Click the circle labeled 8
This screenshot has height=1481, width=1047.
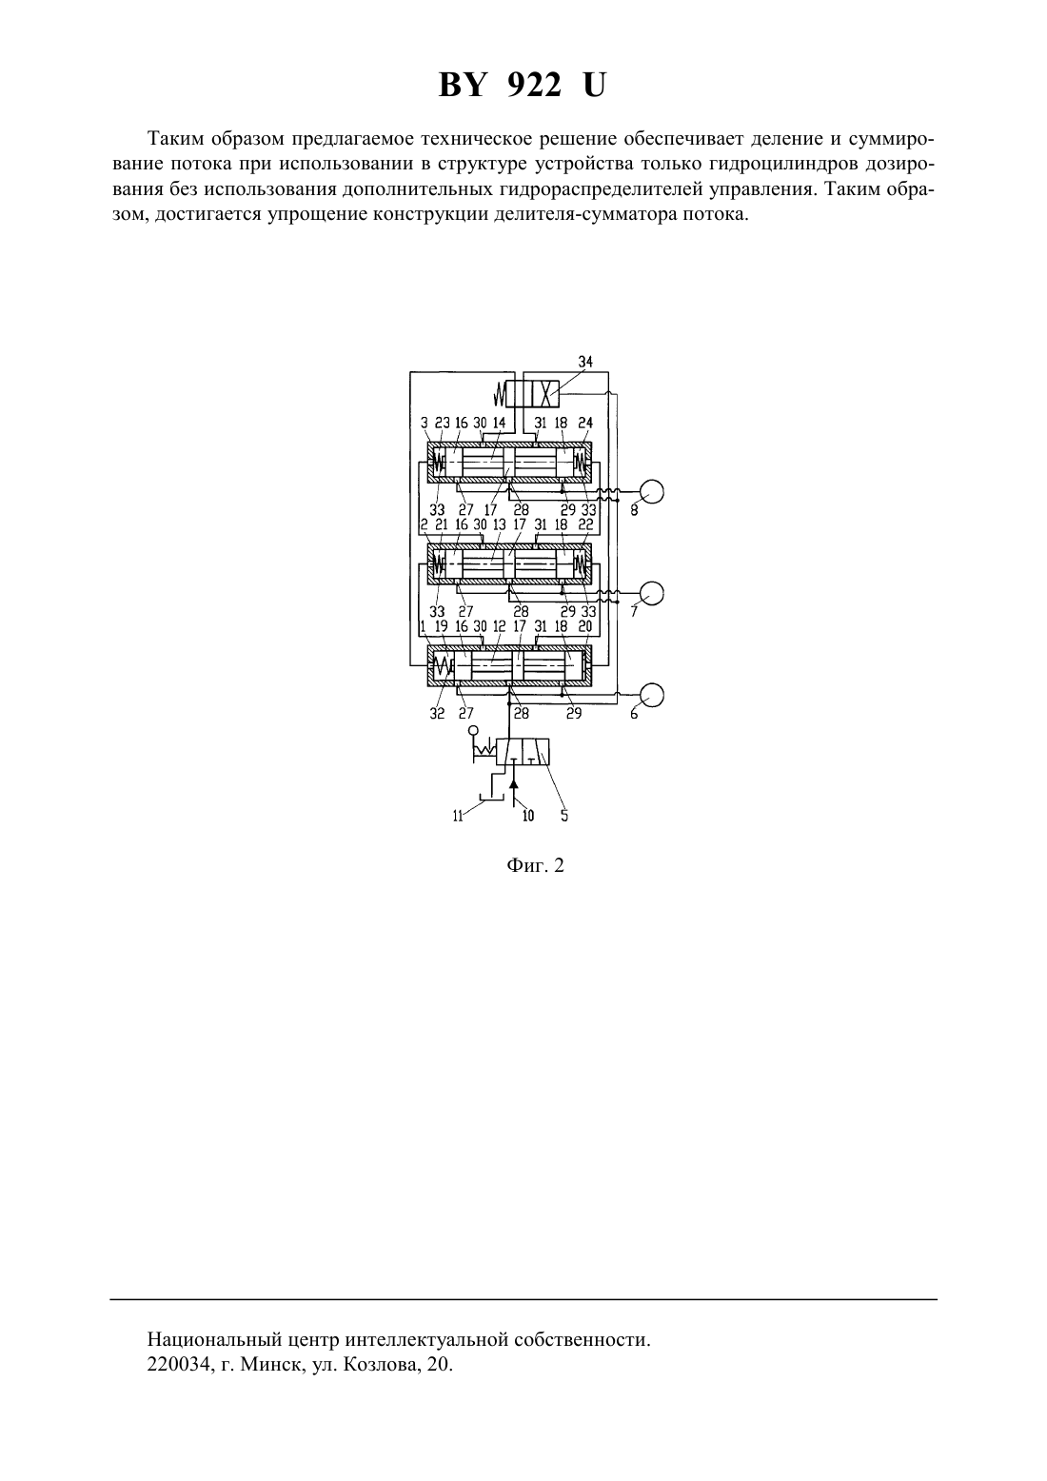(x=652, y=491)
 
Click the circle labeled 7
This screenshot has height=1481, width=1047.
(x=652, y=593)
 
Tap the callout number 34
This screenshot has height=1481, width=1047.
(x=585, y=362)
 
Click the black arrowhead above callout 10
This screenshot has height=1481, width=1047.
(x=514, y=783)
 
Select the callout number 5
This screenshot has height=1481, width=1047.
(x=563, y=816)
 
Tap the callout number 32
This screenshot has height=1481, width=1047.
(x=437, y=714)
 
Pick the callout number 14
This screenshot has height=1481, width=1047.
(x=499, y=423)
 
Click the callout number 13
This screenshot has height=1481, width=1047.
(x=499, y=524)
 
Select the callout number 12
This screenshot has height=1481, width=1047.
(x=499, y=626)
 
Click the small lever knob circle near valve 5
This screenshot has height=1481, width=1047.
(x=473, y=731)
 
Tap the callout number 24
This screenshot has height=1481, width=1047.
(x=585, y=423)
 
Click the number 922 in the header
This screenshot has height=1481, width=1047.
(x=535, y=86)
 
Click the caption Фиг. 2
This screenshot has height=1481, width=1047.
(x=535, y=865)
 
